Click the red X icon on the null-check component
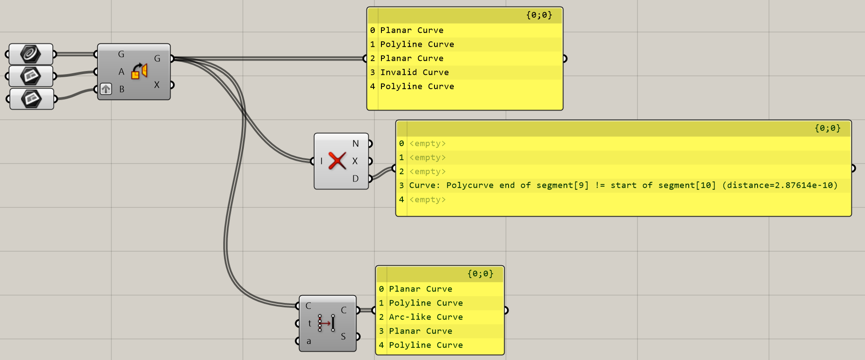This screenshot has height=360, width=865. point(337,161)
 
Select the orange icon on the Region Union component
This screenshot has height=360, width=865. point(139,71)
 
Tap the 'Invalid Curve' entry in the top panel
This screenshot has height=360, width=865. point(414,72)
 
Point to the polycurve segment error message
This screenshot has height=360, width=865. point(623,185)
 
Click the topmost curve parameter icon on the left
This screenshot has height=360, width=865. point(31,54)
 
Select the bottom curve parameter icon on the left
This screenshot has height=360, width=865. point(32,99)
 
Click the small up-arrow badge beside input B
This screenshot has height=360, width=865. point(106,89)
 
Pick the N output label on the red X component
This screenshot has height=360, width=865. point(356,144)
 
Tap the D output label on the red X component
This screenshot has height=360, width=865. point(356,178)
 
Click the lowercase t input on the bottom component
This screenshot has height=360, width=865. point(310,324)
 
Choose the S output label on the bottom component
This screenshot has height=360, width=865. point(343,336)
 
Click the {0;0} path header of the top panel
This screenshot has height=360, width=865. point(539,15)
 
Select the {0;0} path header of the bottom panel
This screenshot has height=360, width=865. point(480,274)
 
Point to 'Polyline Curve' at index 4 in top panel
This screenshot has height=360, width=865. point(417,86)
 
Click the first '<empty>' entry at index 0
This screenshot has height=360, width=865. point(427,143)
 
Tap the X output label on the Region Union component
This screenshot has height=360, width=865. point(157,85)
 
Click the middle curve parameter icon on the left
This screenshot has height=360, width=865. point(31,76)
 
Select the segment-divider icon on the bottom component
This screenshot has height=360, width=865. point(327,323)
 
